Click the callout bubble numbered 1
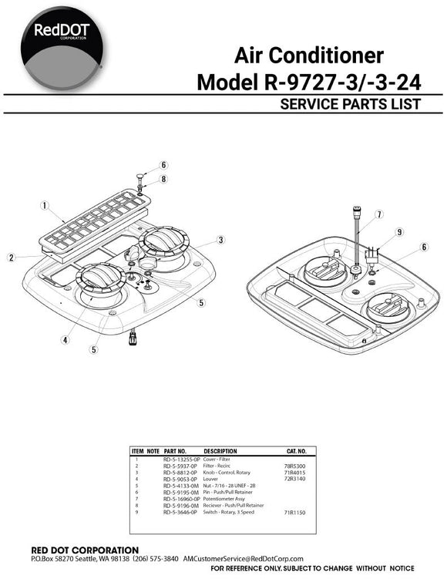click(45, 206)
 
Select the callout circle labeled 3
click(220, 241)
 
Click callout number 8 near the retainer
click(164, 180)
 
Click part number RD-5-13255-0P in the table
click(181, 459)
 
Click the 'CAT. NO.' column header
click(297, 450)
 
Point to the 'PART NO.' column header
click(175, 450)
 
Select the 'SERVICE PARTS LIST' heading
click(351, 103)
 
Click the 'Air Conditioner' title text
click(308, 55)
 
